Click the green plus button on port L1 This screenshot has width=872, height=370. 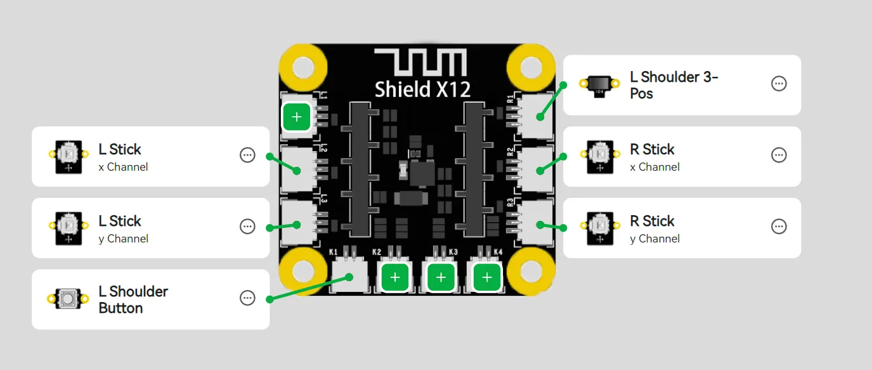pyautogui.click(x=297, y=116)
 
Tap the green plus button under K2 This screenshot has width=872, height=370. pyautogui.click(x=395, y=277)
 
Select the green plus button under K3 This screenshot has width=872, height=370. pyautogui.click(x=441, y=277)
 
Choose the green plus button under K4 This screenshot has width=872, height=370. pyautogui.click(x=486, y=277)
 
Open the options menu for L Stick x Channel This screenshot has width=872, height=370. pyautogui.click(x=247, y=155)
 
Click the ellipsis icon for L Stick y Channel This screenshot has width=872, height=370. pyautogui.click(x=247, y=227)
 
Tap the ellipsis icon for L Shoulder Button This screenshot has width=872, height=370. pyautogui.click(x=247, y=298)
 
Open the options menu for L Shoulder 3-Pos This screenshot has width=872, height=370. pyautogui.click(x=779, y=84)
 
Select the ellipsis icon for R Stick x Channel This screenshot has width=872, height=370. pyautogui.click(x=779, y=155)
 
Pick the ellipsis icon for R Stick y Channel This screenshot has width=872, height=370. pyautogui.click(x=779, y=227)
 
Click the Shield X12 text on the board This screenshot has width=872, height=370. pyautogui.click(x=422, y=89)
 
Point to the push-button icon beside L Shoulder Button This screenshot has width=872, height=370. pyautogui.click(x=68, y=299)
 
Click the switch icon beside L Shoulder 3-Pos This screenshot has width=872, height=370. pyautogui.click(x=599, y=86)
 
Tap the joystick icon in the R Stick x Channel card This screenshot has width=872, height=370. pyautogui.click(x=600, y=157)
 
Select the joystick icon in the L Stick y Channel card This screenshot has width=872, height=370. pyautogui.click(x=68, y=228)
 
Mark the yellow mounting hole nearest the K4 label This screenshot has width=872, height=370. pyautogui.click(x=531, y=272)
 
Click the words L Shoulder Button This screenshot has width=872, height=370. pyautogui.click(x=133, y=300)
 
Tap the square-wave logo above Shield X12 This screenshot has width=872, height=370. pyautogui.click(x=420, y=62)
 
